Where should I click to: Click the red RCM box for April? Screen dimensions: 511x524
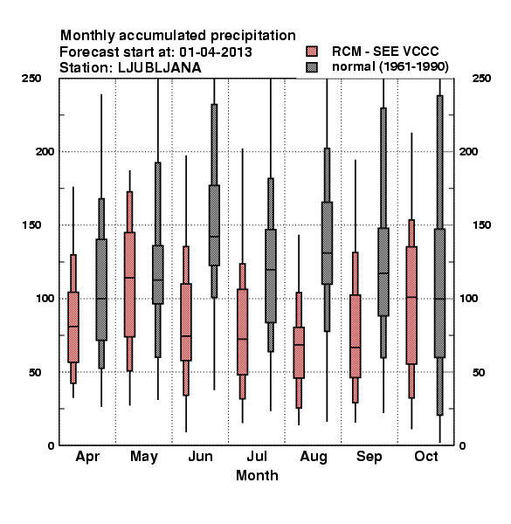tap(73, 327)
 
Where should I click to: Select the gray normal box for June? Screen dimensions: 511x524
tap(214, 225)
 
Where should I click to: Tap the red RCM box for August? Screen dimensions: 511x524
tap(299, 353)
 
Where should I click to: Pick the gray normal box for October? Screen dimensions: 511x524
tap(440, 293)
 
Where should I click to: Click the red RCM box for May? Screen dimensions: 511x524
tap(129, 285)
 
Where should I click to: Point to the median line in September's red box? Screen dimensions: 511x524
tap(356, 348)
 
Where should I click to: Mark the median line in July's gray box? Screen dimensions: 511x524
tap(271, 269)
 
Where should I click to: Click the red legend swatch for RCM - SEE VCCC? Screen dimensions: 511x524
tap(312, 52)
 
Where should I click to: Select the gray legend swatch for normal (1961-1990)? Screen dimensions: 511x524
tap(312, 67)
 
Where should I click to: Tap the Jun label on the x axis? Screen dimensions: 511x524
tap(200, 456)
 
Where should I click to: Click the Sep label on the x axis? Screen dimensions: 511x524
tap(369, 457)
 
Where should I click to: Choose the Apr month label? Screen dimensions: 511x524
tap(87, 457)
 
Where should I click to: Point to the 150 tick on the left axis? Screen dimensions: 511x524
tap(31, 225)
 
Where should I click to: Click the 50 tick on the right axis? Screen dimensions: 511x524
tap(479, 372)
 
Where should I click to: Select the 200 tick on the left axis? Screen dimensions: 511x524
tap(45, 151)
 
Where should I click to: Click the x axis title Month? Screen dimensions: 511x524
tap(257, 475)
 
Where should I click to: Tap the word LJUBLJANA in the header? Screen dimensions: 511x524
tap(160, 68)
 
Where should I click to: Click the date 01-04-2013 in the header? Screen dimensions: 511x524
tap(216, 52)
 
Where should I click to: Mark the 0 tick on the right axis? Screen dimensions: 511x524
tap(462, 445)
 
